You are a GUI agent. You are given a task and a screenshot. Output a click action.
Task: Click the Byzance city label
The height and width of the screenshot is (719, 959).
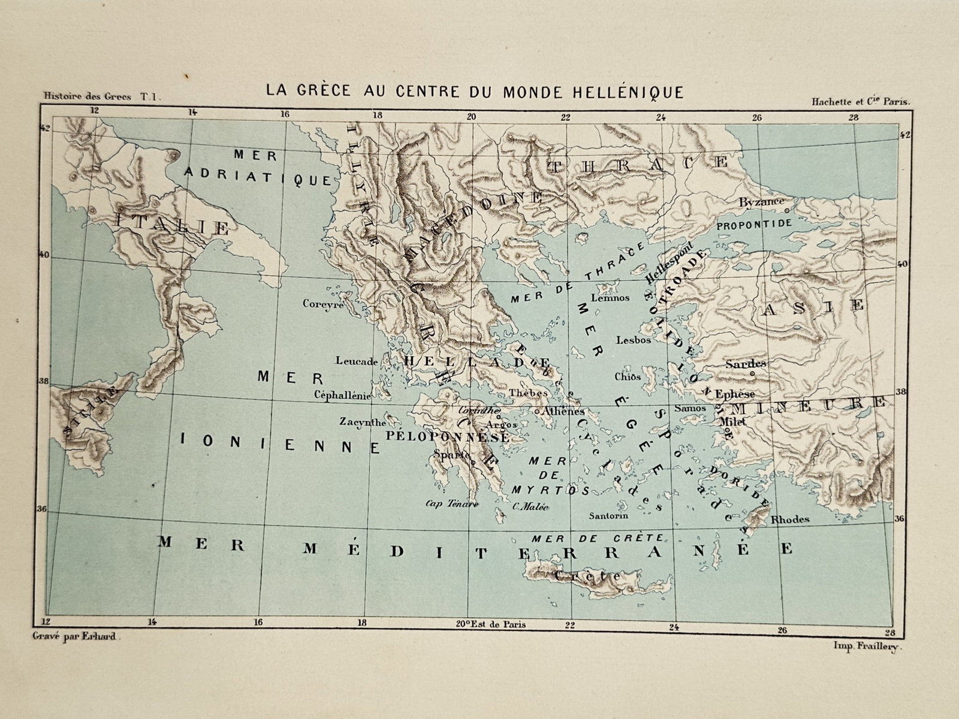(761, 203)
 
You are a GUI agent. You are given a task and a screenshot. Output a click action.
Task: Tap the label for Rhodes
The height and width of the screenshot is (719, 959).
(790, 519)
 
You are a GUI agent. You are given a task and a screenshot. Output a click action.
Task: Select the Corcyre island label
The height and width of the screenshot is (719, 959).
(322, 304)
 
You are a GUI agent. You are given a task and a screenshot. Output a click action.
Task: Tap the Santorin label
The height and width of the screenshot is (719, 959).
(608, 515)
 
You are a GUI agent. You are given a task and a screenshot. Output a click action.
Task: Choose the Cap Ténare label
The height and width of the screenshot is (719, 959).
(451, 504)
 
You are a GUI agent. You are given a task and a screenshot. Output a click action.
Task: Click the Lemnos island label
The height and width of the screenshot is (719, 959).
(610, 297)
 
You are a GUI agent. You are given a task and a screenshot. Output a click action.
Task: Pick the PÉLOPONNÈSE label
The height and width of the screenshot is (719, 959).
(448, 437)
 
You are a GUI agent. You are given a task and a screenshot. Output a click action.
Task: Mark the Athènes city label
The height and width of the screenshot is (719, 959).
(562, 412)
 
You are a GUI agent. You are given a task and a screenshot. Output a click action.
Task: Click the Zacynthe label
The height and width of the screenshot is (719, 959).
(362, 421)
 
